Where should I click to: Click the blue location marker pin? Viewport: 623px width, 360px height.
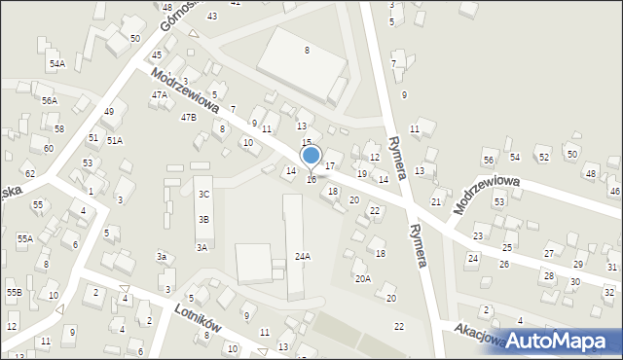[311, 156]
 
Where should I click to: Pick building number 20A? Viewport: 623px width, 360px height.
[362, 278]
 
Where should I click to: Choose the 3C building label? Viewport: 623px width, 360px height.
[203, 194]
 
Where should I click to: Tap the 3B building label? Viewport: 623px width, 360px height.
[203, 219]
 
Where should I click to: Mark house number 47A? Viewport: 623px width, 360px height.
[160, 94]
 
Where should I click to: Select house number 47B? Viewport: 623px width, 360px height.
[188, 117]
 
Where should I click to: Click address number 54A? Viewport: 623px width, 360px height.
[57, 63]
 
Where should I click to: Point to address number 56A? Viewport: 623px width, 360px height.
[49, 100]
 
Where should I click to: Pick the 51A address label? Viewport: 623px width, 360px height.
[115, 140]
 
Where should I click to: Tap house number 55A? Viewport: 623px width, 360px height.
[24, 238]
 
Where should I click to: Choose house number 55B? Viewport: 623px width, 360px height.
[15, 292]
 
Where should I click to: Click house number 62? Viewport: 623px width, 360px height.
[30, 173]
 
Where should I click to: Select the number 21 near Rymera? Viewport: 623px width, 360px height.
[436, 201]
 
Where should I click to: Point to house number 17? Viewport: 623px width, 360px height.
[330, 166]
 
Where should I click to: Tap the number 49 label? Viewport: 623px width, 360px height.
[109, 111]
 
